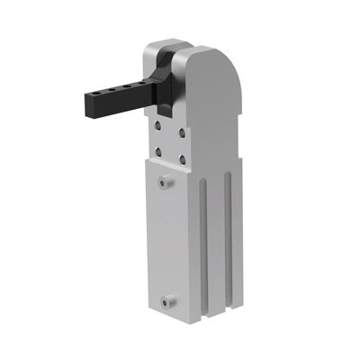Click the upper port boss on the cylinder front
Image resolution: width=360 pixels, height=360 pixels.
point(162,184)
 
